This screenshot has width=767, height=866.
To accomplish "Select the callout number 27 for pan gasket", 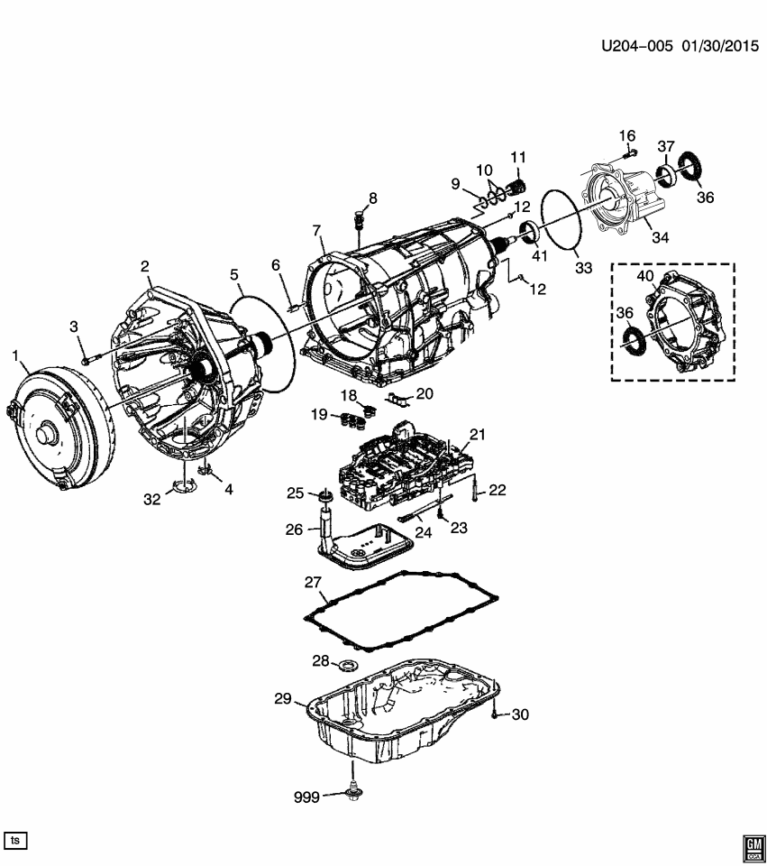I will coord(313,584).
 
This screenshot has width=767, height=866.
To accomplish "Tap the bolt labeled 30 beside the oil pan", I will coord(495,714).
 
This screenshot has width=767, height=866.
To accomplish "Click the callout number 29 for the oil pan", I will coord(284,698).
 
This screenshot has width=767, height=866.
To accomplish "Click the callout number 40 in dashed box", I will coord(644,277).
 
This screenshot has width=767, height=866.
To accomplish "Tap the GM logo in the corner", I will coord(752,844).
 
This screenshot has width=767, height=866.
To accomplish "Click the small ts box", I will coord(14,840).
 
